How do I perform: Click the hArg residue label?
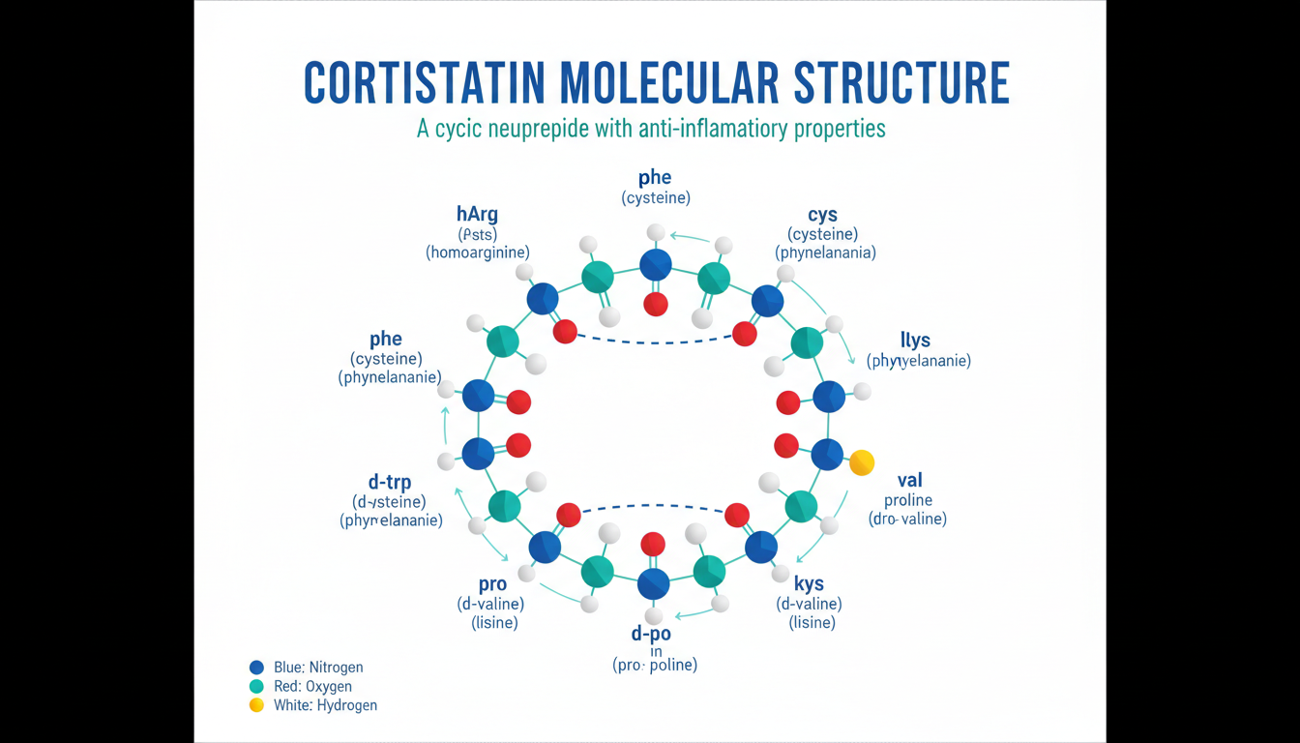(x=477, y=213)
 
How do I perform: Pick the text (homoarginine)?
(x=478, y=253)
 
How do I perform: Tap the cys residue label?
(x=823, y=214)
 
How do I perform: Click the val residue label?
(x=910, y=480)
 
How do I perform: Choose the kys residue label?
(x=809, y=584)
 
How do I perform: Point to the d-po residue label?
(x=651, y=634)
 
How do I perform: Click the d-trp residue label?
(x=391, y=481)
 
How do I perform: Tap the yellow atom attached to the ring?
(x=861, y=463)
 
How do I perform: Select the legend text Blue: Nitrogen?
(x=319, y=668)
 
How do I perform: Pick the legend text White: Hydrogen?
(x=325, y=705)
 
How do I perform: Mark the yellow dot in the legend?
(x=256, y=705)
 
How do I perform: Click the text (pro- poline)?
(x=655, y=666)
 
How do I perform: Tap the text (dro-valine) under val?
(x=907, y=519)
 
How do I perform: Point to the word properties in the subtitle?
(x=840, y=129)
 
